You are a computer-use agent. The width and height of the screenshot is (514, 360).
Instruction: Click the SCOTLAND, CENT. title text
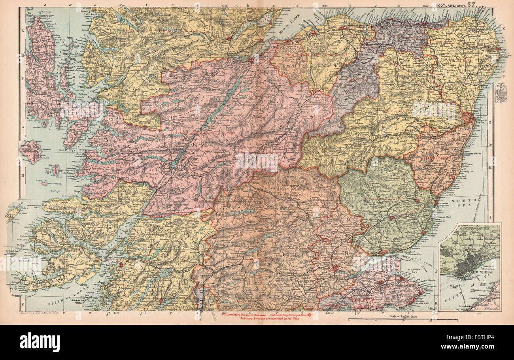449,5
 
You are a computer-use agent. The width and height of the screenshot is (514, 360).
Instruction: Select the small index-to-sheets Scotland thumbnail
500,95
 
